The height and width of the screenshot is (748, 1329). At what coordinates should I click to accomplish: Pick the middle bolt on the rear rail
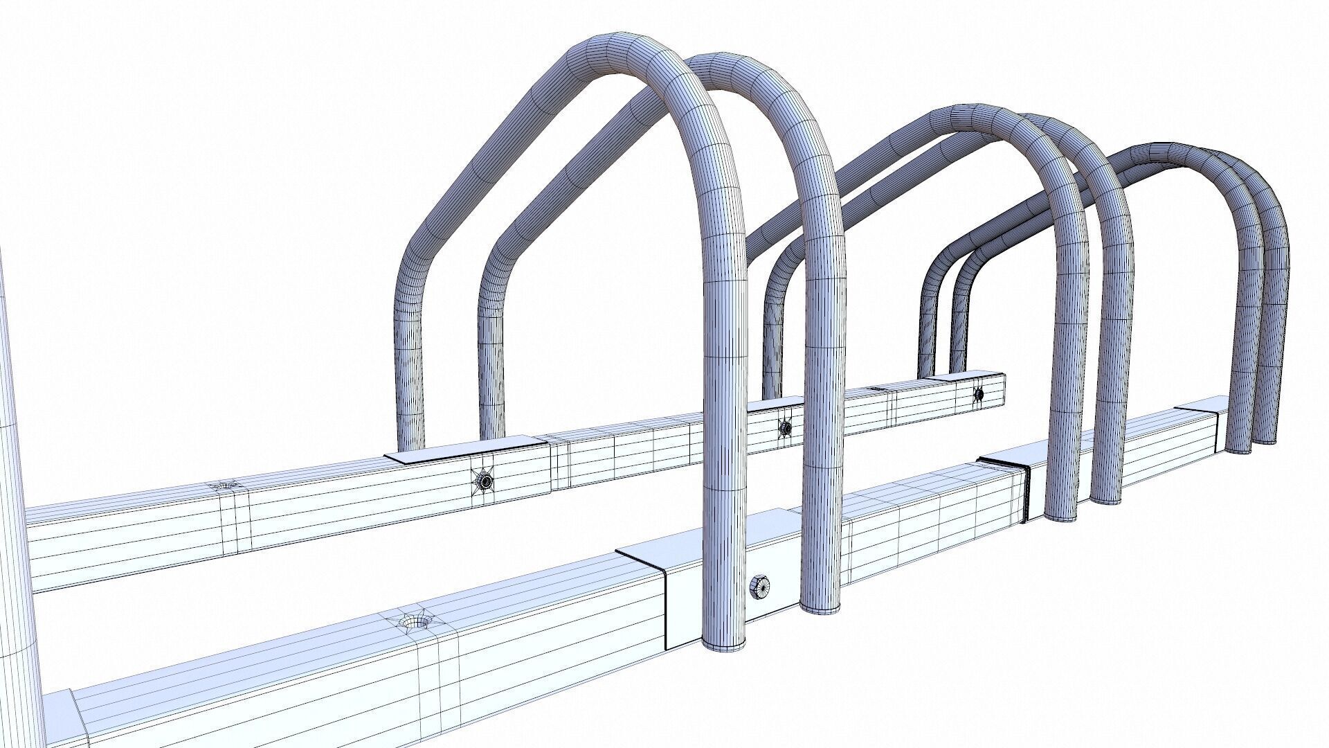point(786,427)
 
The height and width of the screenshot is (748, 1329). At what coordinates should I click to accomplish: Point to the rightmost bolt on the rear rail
point(979,394)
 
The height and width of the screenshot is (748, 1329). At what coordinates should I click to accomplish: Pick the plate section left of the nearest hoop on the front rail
point(640,551)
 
